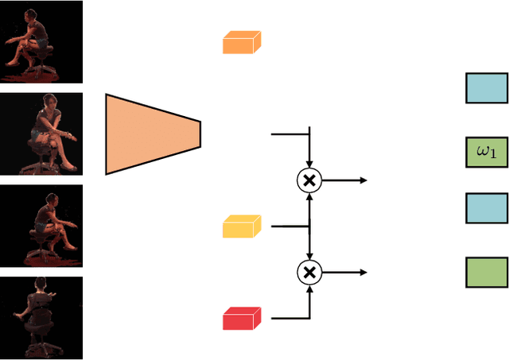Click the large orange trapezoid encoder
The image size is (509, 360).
coord(151,134)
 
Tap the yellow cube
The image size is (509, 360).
coord(241,226)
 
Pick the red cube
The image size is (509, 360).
coord(241,319)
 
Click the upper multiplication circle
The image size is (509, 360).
coord(309,180)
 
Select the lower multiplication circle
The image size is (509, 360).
coord(309,273)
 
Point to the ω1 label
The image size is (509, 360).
coord(486,152)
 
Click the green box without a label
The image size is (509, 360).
coord(486,272)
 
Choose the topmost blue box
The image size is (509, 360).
coord(486,87)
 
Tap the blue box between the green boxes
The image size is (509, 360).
coord(486,208)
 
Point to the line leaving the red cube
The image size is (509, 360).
coord(286,319)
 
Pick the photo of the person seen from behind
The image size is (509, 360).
coord(41,317)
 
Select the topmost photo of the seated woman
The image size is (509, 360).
coord(41,41)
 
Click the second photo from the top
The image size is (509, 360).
coord(41,134)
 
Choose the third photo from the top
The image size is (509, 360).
coord(41,226)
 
